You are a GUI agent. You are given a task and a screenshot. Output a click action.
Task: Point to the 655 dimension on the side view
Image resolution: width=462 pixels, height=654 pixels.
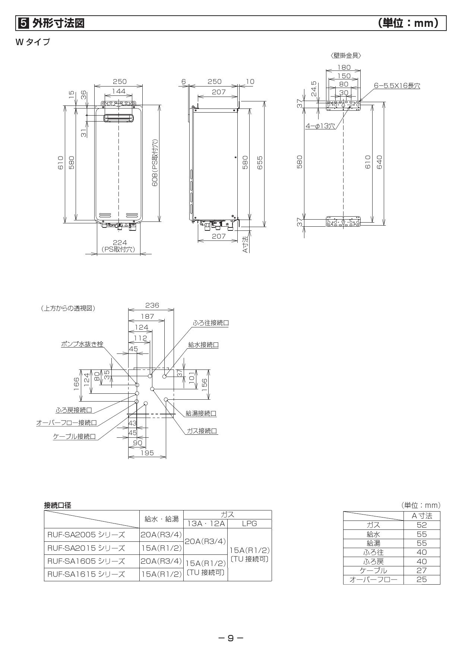260,163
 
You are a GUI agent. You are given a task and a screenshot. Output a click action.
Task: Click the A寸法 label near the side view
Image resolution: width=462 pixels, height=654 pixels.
245,245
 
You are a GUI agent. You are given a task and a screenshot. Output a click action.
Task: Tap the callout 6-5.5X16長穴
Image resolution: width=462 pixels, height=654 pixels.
397,86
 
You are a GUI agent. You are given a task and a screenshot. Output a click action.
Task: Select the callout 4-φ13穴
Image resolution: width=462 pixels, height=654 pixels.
320,126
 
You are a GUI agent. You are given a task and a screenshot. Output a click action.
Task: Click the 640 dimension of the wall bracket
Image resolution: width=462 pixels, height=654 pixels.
379,162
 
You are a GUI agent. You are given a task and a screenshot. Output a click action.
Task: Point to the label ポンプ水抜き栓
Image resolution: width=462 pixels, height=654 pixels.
82,344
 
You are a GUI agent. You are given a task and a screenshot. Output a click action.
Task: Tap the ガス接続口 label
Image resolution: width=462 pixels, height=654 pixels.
202,431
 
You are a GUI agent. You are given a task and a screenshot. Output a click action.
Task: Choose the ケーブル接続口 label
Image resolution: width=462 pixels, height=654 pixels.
74,436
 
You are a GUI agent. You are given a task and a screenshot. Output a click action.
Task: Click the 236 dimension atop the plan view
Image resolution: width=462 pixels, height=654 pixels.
152,305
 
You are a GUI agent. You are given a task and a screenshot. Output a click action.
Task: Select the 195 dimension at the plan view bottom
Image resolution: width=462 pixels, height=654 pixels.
147,453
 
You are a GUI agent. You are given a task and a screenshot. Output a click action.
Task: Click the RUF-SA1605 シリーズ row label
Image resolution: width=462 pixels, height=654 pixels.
86,561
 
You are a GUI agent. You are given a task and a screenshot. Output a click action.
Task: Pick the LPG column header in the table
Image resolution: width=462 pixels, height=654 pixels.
249,523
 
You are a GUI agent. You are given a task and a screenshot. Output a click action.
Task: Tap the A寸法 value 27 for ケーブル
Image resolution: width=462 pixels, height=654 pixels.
421,570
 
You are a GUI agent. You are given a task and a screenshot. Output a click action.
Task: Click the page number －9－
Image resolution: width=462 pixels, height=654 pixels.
231,638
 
